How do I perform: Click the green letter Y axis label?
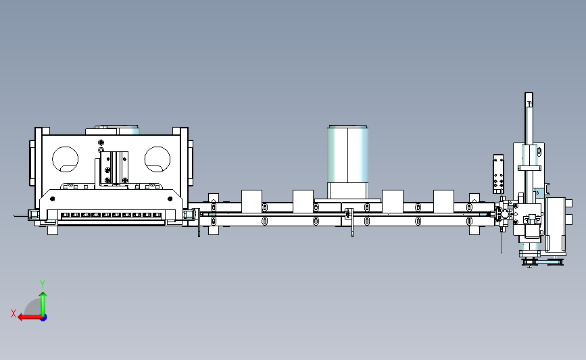pos(43,284)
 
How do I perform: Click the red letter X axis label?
pos(14,313)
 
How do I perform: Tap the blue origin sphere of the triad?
pos(43,318)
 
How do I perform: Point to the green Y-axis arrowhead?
pos(43,295)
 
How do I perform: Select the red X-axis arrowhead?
pos(21,317)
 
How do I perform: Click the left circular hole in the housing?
pos(66,159)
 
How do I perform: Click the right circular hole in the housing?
pos(157,159)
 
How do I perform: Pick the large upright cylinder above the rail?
pos(347,163)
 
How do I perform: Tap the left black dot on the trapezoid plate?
pos(52,199)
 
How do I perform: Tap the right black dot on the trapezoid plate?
pos(170,199)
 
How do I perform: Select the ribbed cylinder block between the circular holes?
pos(114,168)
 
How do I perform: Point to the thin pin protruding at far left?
pos(21,215)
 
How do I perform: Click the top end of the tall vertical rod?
pos(529,93)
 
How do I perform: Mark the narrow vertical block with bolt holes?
pos(499,174)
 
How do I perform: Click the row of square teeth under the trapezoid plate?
pos(112,215)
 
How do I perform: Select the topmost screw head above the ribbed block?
pos(101,143)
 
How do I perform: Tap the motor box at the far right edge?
pos(556,224)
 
